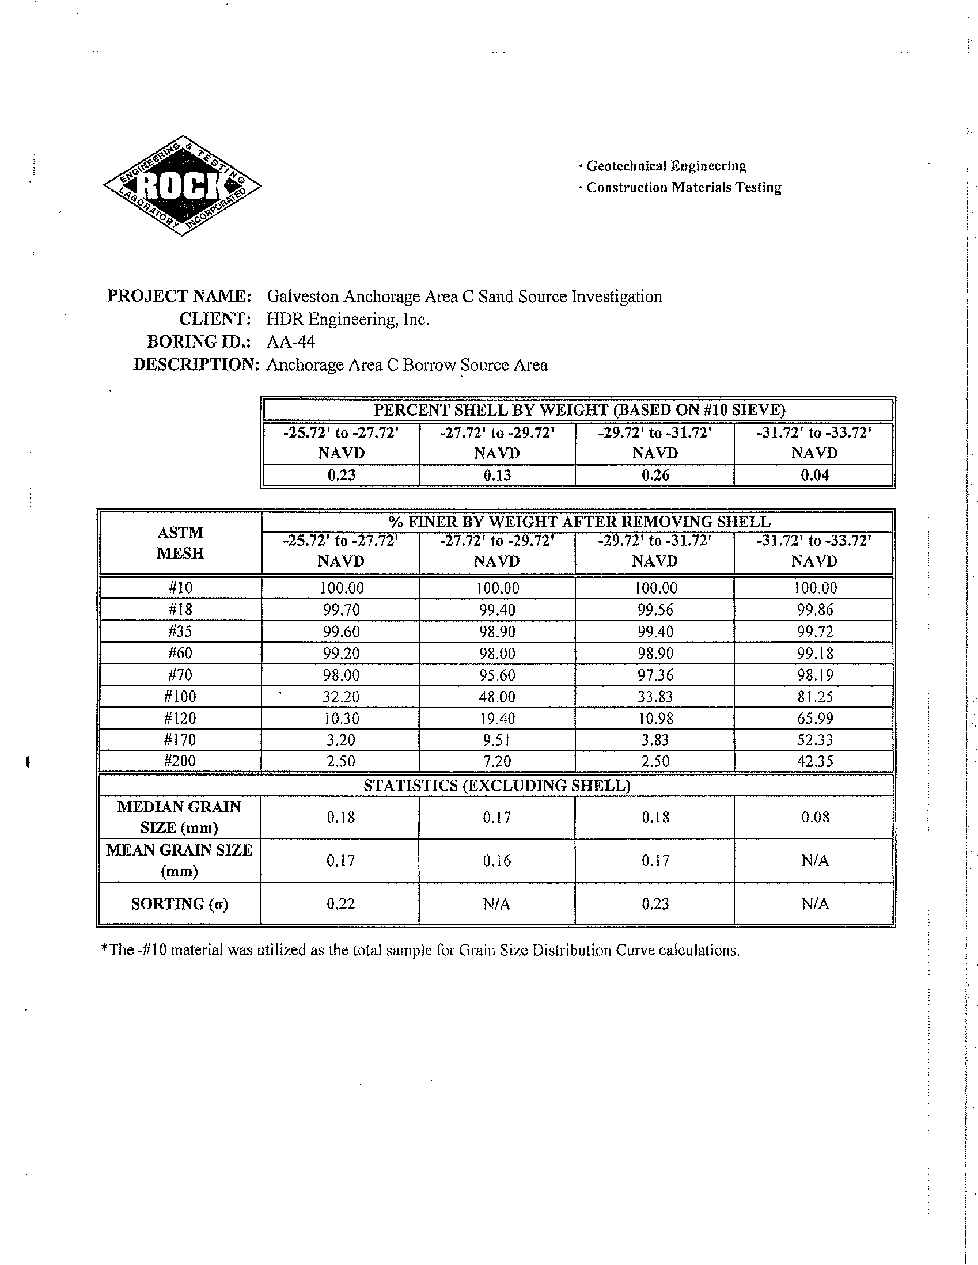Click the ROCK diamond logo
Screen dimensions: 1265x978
pos(182,185)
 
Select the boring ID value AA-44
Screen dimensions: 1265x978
pos(290,342)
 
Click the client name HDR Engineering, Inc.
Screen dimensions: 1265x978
pos(348,319)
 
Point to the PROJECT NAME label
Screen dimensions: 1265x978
pos(179,296)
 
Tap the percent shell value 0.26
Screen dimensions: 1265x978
pos(655,475)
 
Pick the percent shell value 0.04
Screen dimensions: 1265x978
pos(814,475)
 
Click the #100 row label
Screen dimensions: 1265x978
pos(180,696)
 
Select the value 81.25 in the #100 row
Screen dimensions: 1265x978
pos(814,696)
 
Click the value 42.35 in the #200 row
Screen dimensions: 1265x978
pos(814,761)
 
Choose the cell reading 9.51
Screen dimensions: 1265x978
pos(497,740)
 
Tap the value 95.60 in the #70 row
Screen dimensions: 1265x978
pos(497,675)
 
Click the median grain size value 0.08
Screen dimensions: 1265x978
pos(814,817)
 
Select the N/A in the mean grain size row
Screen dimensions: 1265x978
pos(814,861)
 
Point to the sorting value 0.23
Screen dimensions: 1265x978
pos(655,903)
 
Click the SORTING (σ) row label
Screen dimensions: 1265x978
pos(180,903)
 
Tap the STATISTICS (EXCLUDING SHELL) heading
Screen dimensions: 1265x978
pos(496,785)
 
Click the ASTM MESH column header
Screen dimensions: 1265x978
pos(180,543)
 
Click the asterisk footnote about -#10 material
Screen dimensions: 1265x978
pos(420,951)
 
